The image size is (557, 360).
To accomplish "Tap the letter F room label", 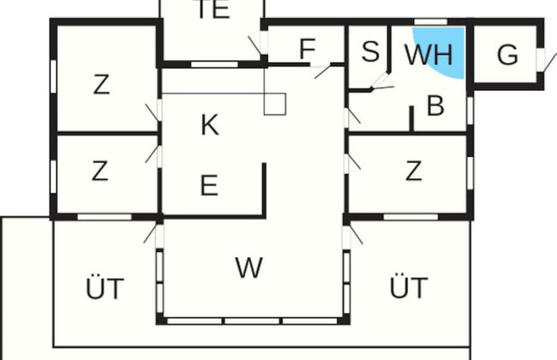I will coord(307,50).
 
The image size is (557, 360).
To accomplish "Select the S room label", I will coord(370,52).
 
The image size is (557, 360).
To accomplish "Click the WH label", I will coord(428,54).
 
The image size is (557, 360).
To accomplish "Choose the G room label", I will coord(507,55).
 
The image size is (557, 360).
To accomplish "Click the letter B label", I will coord(435,106).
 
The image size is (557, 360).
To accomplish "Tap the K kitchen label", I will coord(209,125).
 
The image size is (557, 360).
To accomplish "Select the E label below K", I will coord(208,185).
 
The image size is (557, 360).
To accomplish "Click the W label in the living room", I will coord(249,267).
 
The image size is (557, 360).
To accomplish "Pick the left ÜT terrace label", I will coord(105,288).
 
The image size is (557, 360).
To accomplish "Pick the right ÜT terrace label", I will coord(408,288).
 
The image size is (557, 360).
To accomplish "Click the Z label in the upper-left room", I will coord(101,85).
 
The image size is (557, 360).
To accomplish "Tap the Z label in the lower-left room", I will coord(100,171).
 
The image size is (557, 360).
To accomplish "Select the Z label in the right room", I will coord(413,171).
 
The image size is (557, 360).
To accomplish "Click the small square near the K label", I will coord(273,104).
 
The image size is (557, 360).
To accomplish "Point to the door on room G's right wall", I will coord(542,58).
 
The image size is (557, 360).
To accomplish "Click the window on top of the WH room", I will coord(430,21).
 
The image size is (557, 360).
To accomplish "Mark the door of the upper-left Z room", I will coord(154,111).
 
